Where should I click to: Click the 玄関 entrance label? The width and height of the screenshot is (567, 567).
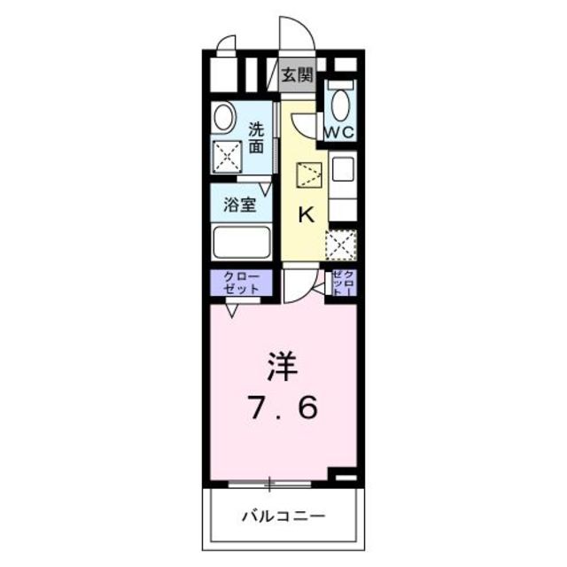pos(298,75)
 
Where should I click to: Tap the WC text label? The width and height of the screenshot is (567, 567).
pos(339,132)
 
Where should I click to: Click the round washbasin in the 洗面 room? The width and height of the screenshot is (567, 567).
pos(225,117)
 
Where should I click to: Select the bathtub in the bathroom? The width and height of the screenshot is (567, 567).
pos(240,242)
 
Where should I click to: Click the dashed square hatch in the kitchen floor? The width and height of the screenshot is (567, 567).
pos(309,174)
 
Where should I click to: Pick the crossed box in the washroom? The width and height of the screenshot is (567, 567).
pos(229,158)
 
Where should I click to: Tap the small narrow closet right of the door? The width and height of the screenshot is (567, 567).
pos(345,283)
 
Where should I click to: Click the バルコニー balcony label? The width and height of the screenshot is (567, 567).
pos(283,515)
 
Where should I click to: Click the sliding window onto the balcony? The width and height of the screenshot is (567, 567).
pos(270,484)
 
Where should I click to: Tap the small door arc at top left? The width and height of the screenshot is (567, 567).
pos(226,45)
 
